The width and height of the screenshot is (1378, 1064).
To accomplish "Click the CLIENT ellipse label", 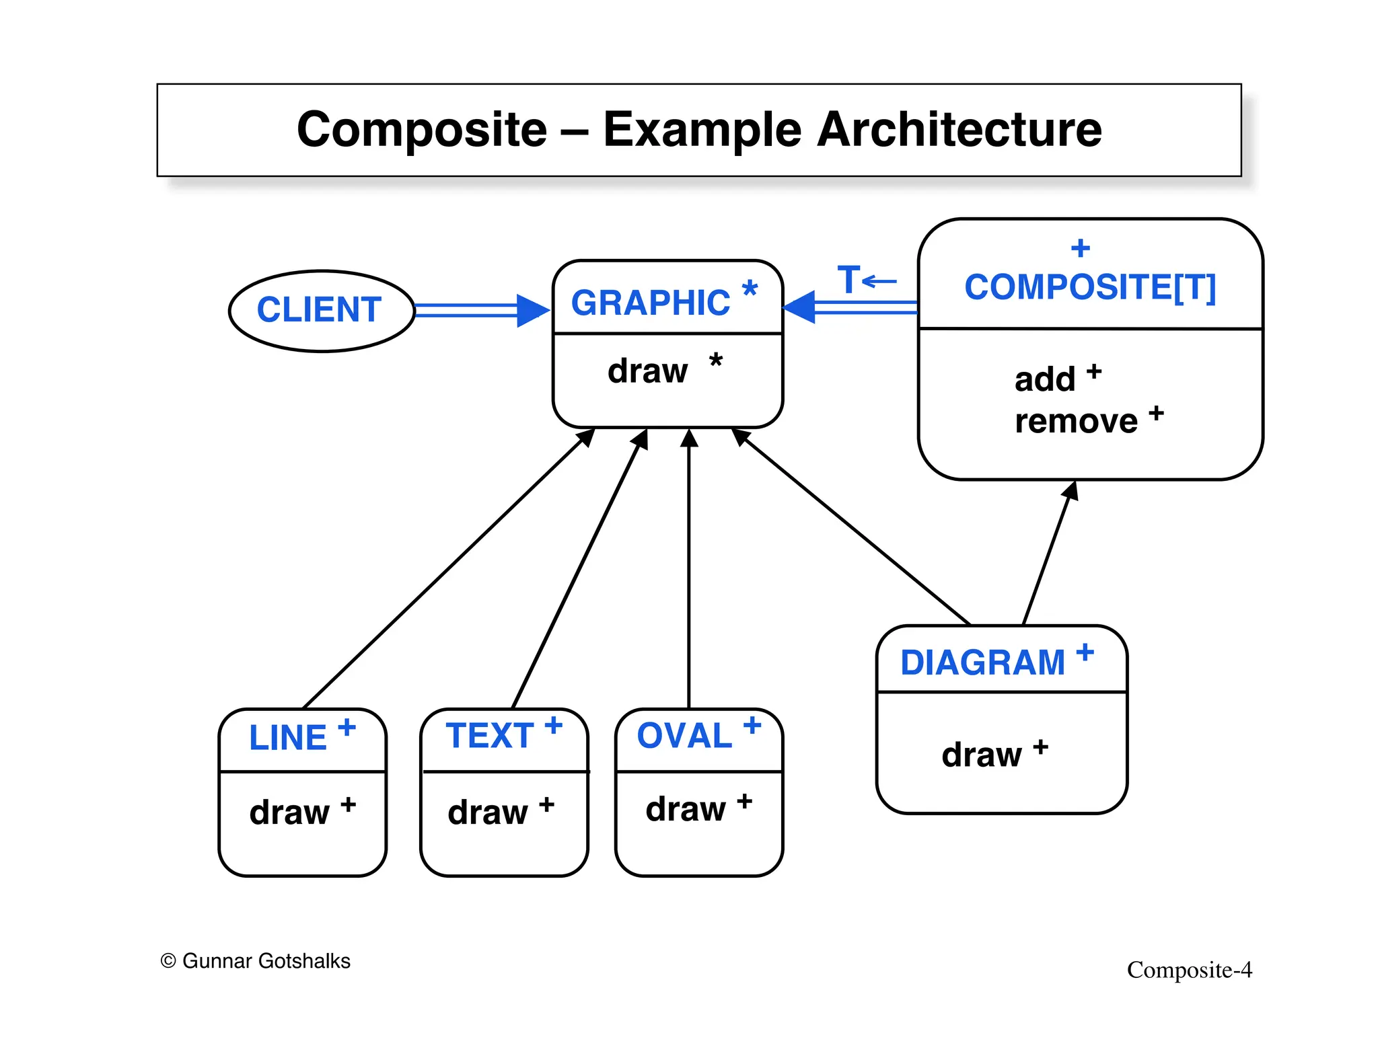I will pyautogui.click(x=319, y=310).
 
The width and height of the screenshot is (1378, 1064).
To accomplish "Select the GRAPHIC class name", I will pyautogui.click(x=650, y=303).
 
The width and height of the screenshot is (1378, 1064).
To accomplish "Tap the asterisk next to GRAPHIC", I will pyautogui.click(x=749, y=289).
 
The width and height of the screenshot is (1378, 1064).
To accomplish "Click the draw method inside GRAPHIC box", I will pyautogui.click(x=647, y=371).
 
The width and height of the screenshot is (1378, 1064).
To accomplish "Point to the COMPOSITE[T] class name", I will pyautogui.click(x=1090, y=287).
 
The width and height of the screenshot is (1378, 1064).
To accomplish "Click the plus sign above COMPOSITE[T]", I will pyautogui.click(x=1080, y=248).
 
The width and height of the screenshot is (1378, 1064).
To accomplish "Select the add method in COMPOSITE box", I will pyautogui.click(x=1045, y=379).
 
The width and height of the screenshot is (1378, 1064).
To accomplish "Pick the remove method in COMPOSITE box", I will pyautogui.click(x=1076, y=422).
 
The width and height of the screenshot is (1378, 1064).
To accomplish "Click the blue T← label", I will pyautogui.click(x=866, y=280).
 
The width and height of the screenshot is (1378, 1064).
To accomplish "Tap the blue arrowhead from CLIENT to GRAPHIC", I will pyautogui.click(x=532, y=310).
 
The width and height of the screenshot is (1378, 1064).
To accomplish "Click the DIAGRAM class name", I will pyautogui.click(x=982, y=662).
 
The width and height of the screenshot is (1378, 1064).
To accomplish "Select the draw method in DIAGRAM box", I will pyautogui.click(x=982, y=755).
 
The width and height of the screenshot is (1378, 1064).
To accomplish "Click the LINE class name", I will pyautogui.click(x=288, y=738).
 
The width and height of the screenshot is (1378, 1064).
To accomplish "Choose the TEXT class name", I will pyautogui.click(x=490, y=735).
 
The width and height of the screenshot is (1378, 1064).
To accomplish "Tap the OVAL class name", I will pyautogui.click(x=684, y=735).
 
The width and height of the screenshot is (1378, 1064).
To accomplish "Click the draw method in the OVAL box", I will pyautogui.click(x=686, y=809).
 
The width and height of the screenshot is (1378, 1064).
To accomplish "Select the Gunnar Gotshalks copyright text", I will pyautogui.click(x=256, y=961).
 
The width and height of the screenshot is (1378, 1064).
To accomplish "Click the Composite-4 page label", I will pyautogui.click(x=1189, y=970).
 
